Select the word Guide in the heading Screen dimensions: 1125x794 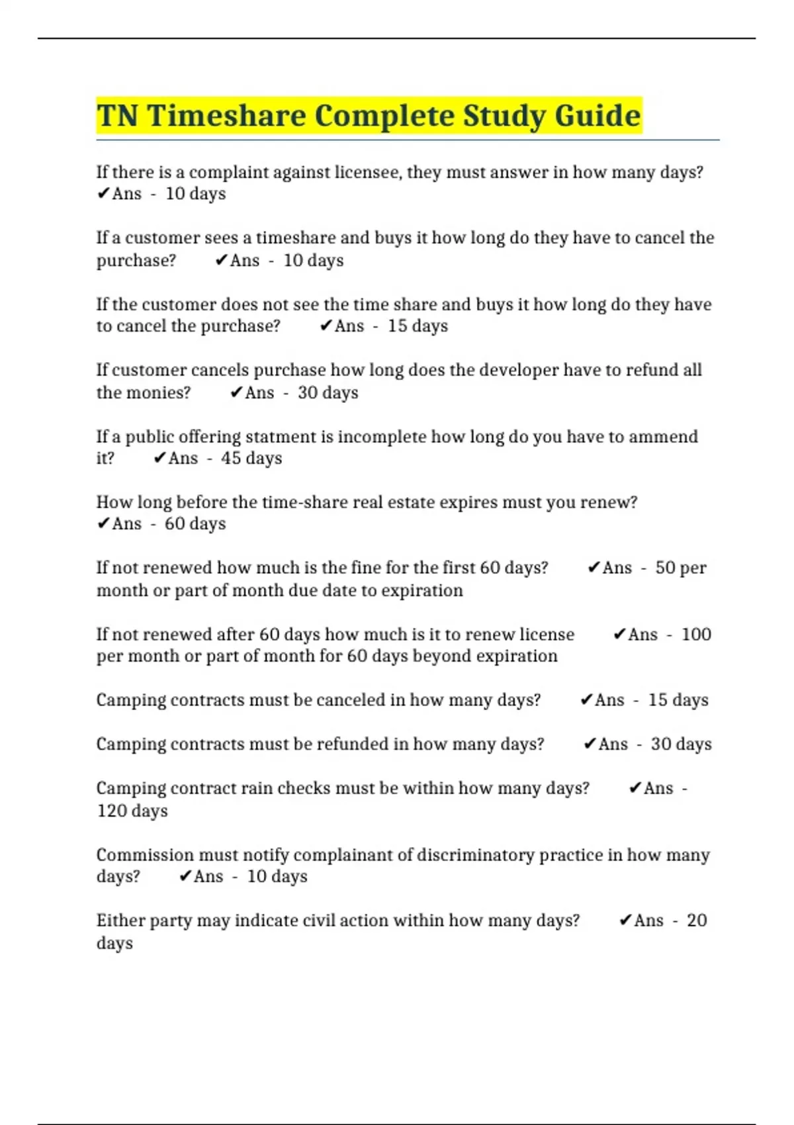click(x=597, y=116)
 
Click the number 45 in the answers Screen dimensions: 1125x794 click(x=231, y=458)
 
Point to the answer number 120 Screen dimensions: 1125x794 click(x=109, y=811)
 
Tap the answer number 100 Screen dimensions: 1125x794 click(x=696, y=635)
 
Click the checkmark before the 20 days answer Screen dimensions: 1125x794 click(x=625, y=921)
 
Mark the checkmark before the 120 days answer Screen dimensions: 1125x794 click(x=635, y=788)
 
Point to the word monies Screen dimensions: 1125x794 click(x=143, y=392)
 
